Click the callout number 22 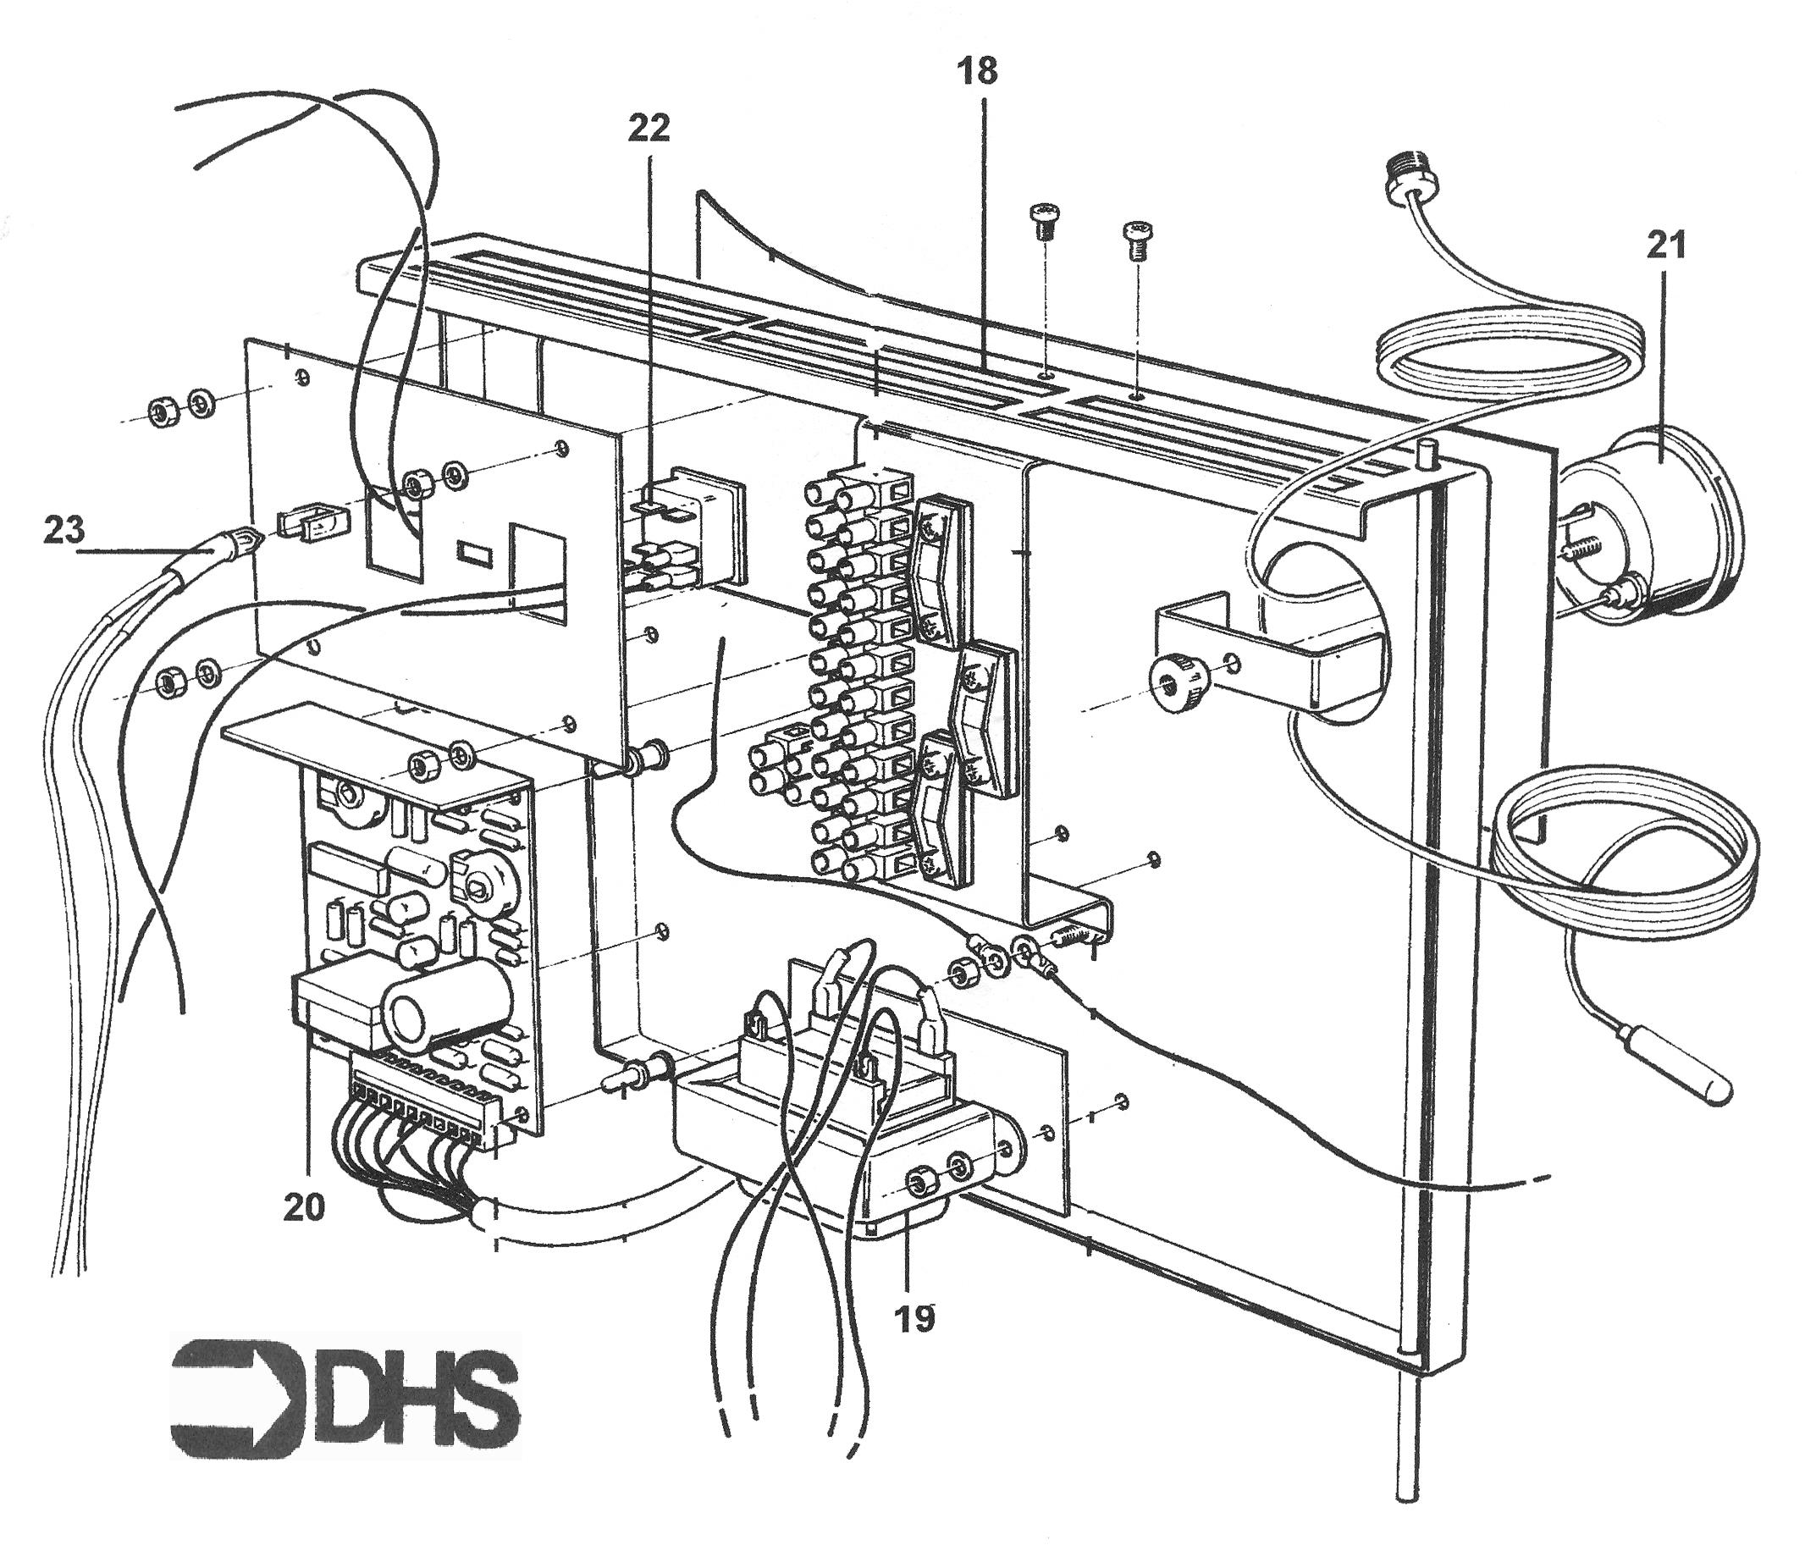tap(649, 128)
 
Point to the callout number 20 tap(304, 1207)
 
